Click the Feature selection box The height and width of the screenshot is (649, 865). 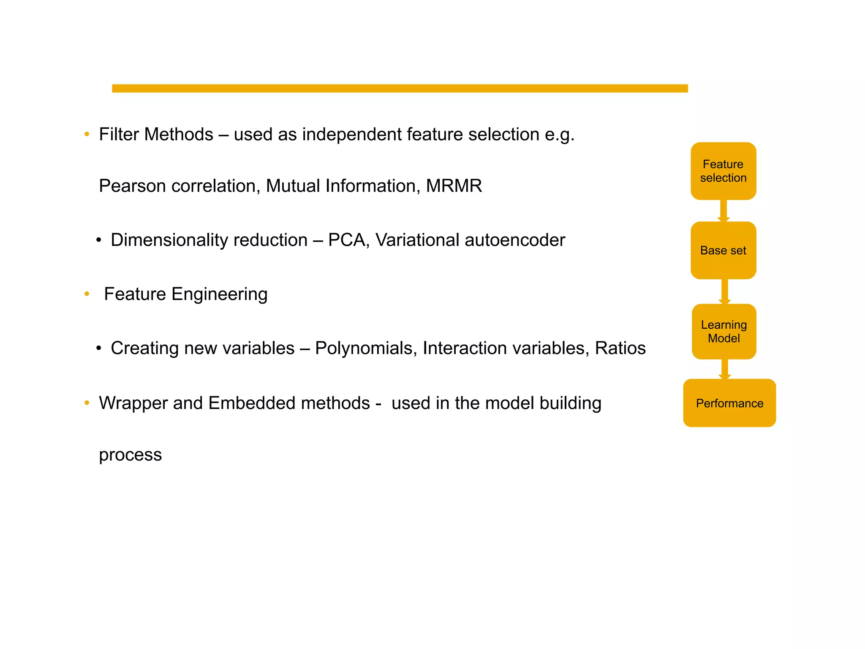(723, 171)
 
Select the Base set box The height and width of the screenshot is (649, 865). (723, 250)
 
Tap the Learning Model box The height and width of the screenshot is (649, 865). (724, 331)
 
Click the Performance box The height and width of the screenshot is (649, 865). (729, 403)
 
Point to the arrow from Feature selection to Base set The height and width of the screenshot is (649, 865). (724, 210)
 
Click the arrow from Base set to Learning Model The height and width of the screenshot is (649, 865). (724, 291)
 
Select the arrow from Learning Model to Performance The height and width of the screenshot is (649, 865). (724, 369)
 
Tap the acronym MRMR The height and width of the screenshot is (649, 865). (454, 186)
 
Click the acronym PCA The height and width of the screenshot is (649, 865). (346, 240)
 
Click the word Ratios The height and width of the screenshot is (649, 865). (620, 348)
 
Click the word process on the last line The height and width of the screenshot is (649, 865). (130, 455)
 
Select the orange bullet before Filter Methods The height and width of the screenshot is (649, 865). (87, 134)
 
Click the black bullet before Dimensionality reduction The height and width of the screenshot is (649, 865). (98, 240)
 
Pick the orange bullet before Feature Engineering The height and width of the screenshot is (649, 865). (87, 294)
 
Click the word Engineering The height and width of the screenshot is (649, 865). (219, 294)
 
